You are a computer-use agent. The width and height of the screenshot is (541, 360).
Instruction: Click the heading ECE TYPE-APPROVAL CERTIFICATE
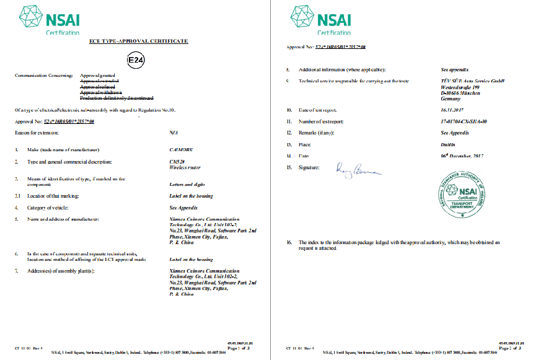(x=139, y=41)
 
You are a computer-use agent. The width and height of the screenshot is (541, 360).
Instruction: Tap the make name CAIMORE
(x=181, y=150)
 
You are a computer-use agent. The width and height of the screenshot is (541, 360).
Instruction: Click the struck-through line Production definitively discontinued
(x=117, y=98)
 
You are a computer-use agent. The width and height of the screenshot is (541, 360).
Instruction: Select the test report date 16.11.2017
(x=452, y=109)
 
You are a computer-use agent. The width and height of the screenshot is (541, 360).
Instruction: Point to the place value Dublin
(x=447, y=144)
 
